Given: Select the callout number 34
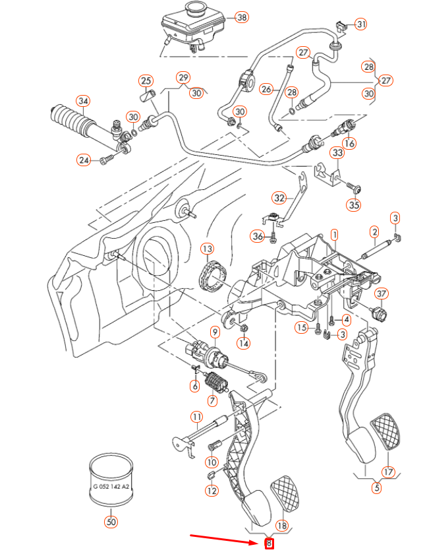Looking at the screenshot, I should [82, 101].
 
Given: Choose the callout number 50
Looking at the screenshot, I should [110, 522].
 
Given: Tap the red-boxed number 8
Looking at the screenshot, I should [268, 544].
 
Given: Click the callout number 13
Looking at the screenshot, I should [208, 249].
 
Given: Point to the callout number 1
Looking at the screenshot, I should [334, 234].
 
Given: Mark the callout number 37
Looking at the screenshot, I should [382, 294].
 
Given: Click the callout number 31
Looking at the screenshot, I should [360, 24].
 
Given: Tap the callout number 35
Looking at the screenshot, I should [354, 205].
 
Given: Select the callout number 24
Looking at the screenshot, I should [83, 160].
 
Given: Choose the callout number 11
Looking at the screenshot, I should [196, 416].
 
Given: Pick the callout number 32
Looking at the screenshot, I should [279, 197].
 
